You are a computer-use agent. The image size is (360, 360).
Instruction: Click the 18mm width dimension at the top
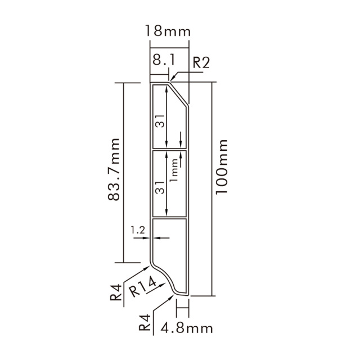click(167, 30)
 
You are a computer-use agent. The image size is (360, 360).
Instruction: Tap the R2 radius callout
click(200, 62)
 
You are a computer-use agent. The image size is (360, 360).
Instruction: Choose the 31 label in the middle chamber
click(160, 187)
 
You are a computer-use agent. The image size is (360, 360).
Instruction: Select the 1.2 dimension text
click(137, 230)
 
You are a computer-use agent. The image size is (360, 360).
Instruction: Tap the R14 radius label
click(140, 289)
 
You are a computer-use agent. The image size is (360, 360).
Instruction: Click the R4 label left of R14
click(116, 293)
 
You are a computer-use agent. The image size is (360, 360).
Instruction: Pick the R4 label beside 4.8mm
click(145, 322)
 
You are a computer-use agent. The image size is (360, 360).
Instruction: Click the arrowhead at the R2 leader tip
click(172, 80)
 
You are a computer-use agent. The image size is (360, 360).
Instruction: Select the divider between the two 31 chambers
click(169, 150)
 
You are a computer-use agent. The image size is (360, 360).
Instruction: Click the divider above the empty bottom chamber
click(169, 218)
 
